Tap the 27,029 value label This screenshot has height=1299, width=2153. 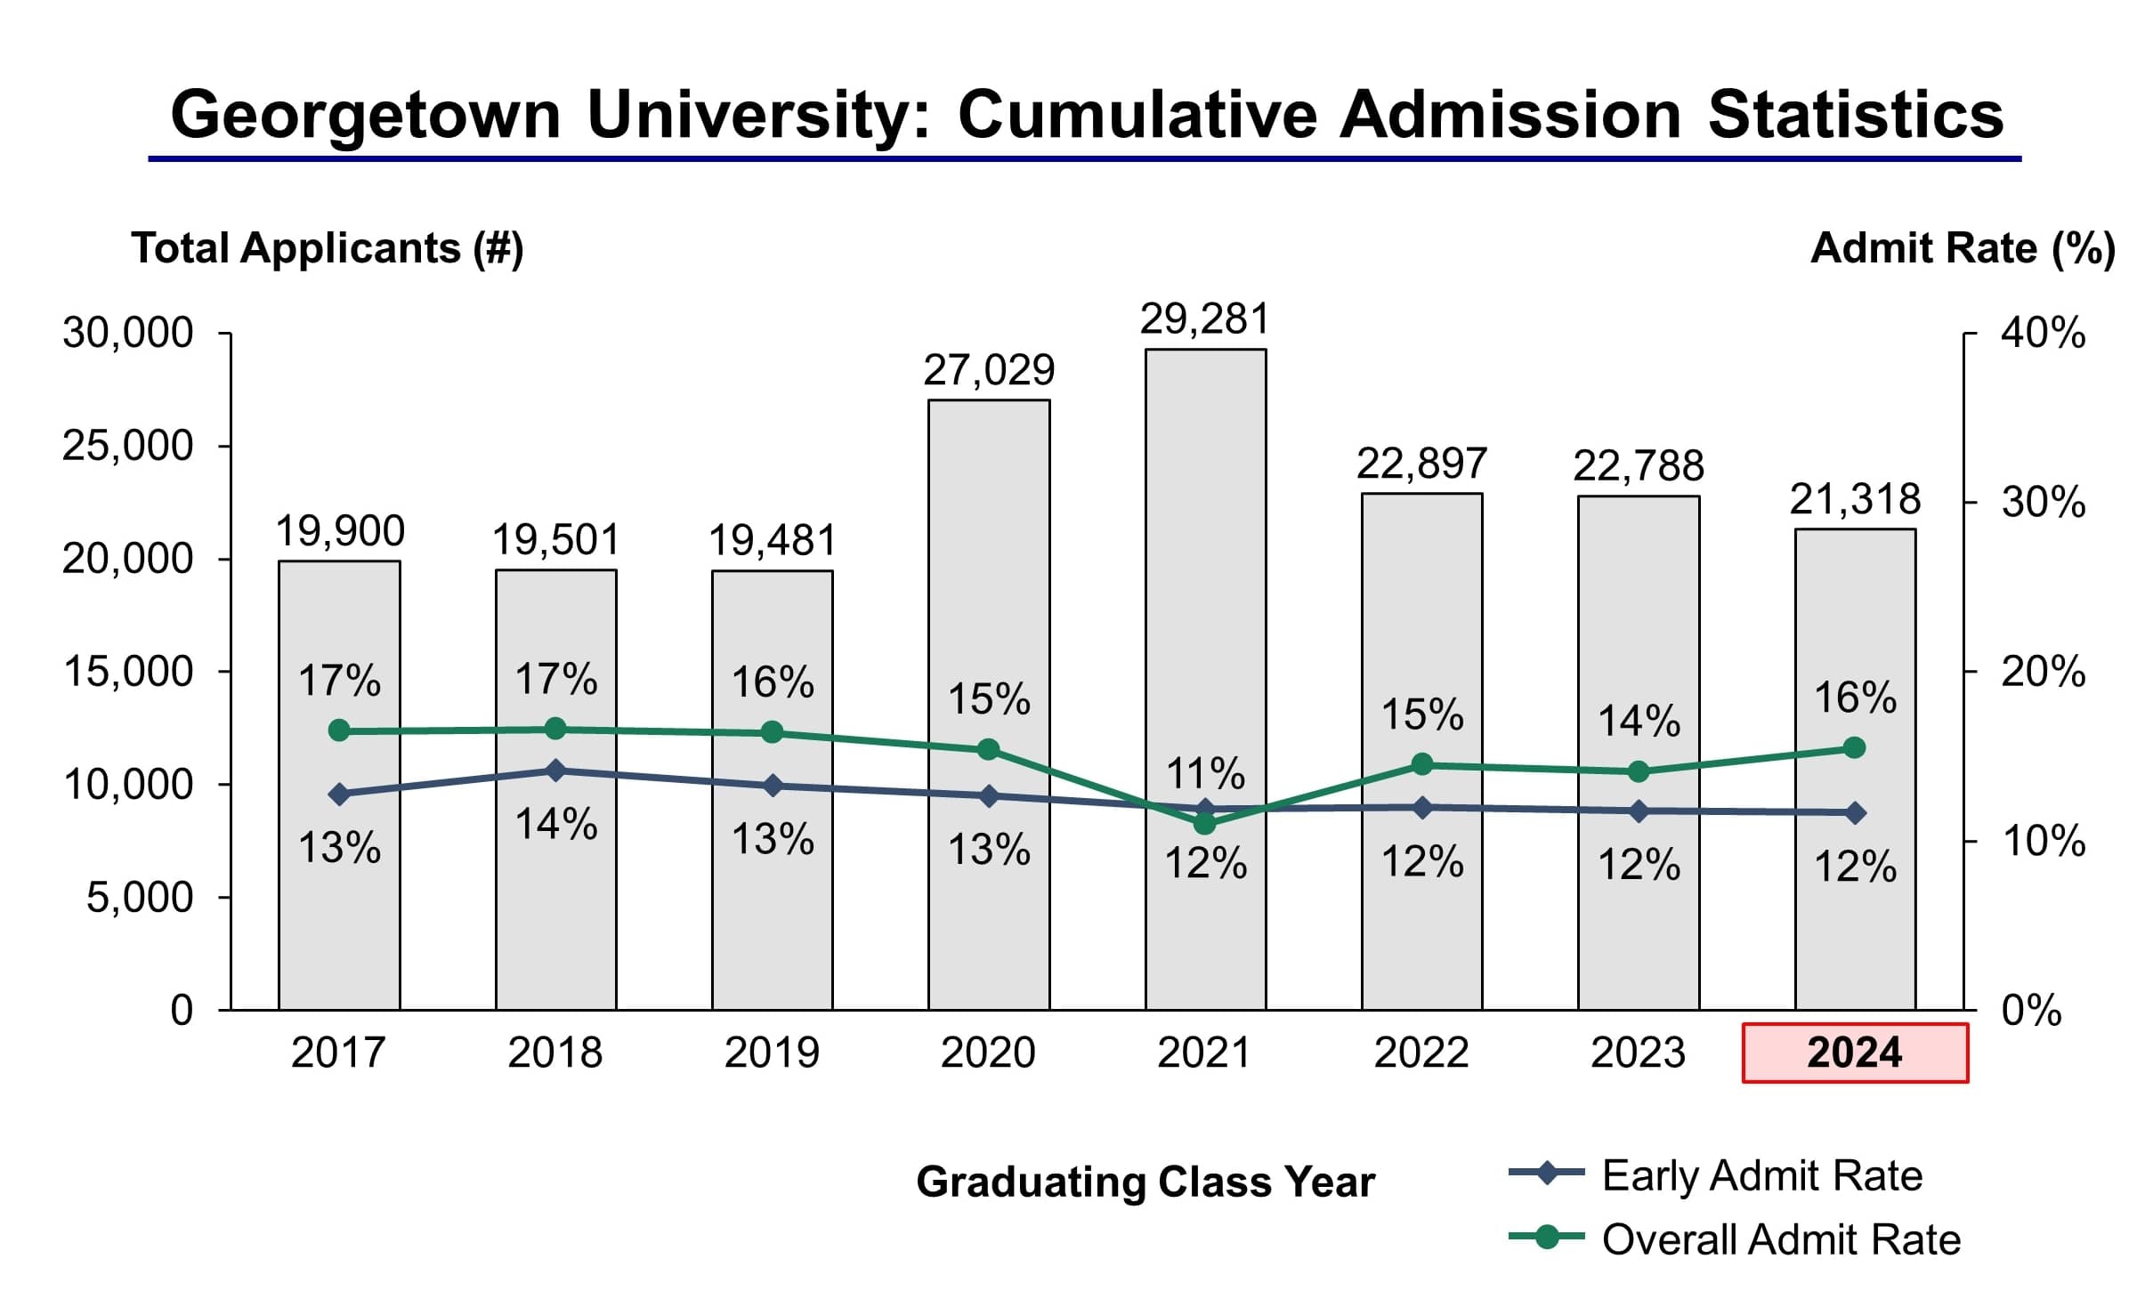[x=989, y=370]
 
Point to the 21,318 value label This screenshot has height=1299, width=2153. [x=1856, y=499]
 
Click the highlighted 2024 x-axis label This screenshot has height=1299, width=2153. [x=1855, y=1053]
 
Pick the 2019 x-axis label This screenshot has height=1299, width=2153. [x=772, y=1053]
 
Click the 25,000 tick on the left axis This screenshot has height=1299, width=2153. [x=127, y=445]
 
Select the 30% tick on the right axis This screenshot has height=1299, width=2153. [x=2043, y=503]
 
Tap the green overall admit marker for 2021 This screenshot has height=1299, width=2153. [x=1204, y=824]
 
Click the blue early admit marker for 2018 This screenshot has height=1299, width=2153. [x=555, y=771]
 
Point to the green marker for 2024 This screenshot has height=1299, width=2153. [x=1855, y=747]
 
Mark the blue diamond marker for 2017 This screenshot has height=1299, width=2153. [x=339, y=794]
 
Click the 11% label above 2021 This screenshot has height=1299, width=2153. [x=1205, y=773]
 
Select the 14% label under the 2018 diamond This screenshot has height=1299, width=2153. [x=556, y=824]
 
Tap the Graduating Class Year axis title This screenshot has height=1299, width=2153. [x=1145, y=1182]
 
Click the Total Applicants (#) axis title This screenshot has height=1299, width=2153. [x=328, y=248]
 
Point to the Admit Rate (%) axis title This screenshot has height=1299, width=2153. [x=1963, y=248]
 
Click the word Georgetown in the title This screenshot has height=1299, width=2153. [x=366, y=116]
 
